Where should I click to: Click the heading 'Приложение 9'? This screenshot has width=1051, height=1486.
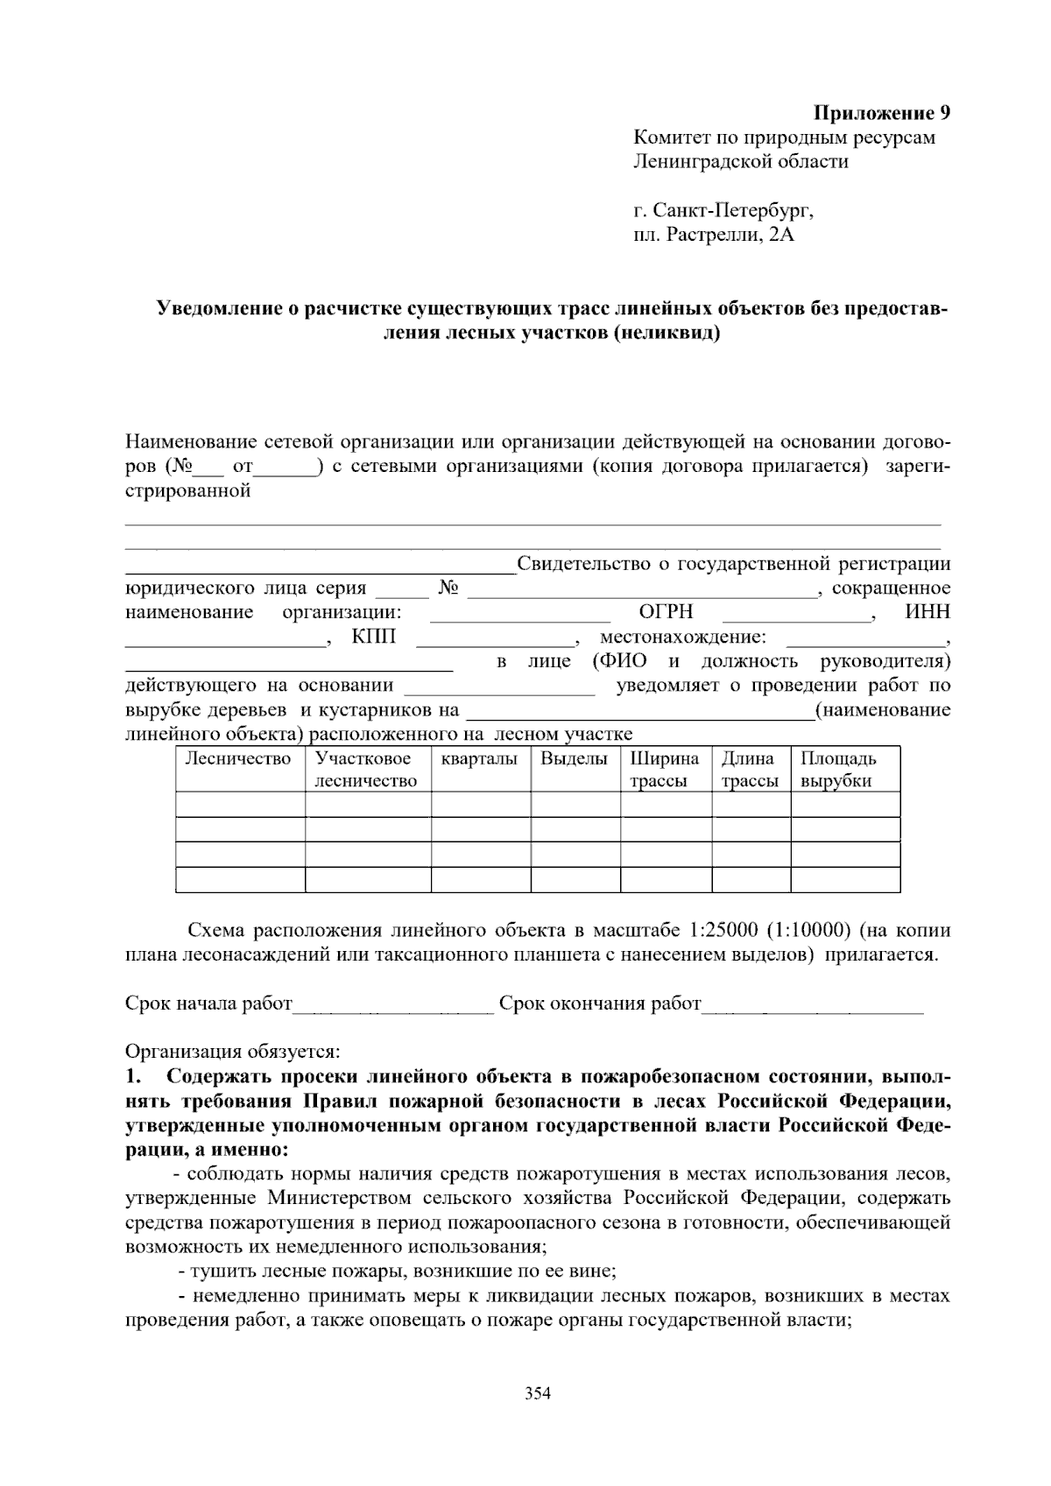(882, 113)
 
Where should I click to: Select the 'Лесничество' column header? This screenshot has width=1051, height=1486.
(238, 759)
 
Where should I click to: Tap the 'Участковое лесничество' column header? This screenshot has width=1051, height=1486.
(366, 770)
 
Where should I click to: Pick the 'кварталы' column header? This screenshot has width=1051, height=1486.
(479, 759)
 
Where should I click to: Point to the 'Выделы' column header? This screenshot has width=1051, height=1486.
(574, 759)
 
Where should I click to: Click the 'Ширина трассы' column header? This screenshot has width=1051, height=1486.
(664, 770)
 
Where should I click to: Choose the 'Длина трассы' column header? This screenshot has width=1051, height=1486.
(750, 770)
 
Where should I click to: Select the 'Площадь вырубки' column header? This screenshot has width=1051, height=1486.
(837, 770)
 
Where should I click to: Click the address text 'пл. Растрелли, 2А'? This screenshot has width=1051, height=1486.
(714, 236)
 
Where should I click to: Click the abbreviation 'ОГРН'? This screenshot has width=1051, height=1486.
(666, 612)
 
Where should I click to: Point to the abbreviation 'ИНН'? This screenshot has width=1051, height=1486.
(927, 612)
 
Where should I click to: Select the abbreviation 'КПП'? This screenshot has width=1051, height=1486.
(373, 637)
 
